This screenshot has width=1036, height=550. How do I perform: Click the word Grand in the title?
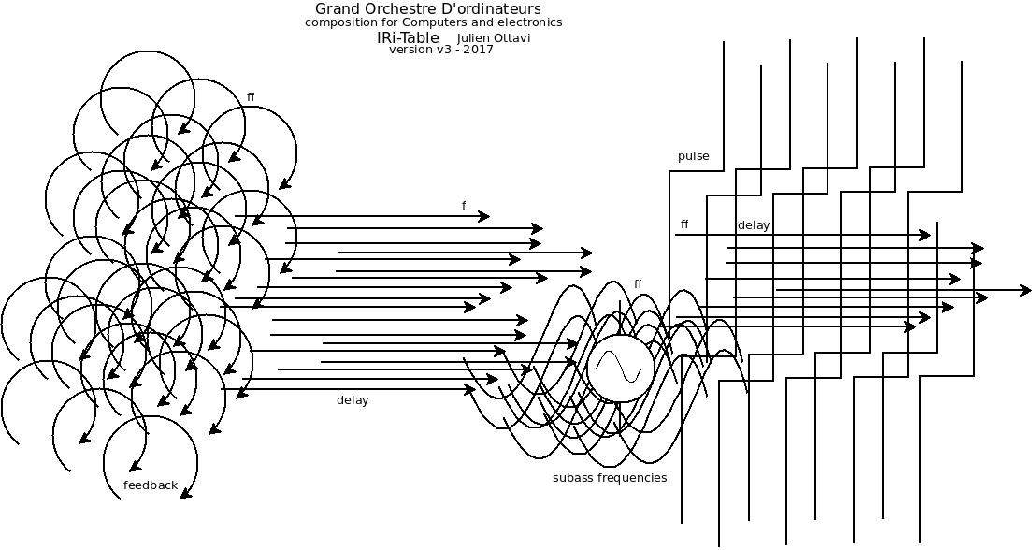point(335,9)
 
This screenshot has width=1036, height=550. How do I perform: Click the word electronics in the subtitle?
point(529,22)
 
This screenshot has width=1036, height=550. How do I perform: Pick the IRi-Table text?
point(408,37)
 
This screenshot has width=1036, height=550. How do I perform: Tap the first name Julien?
point(476,38)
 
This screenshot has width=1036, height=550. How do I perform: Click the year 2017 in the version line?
point(478,50)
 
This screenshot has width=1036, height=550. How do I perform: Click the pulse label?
point(693,156)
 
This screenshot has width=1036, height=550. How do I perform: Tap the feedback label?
point(150,485)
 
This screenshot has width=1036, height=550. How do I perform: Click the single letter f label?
point(464,206)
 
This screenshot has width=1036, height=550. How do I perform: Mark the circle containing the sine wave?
point(620,368)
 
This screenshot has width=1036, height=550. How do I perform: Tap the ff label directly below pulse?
point(684,224)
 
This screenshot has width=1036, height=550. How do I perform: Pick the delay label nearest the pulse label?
point(753,225)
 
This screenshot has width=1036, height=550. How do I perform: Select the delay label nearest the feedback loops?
point(353,400)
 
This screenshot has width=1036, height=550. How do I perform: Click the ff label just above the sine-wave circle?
point(638,283)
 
